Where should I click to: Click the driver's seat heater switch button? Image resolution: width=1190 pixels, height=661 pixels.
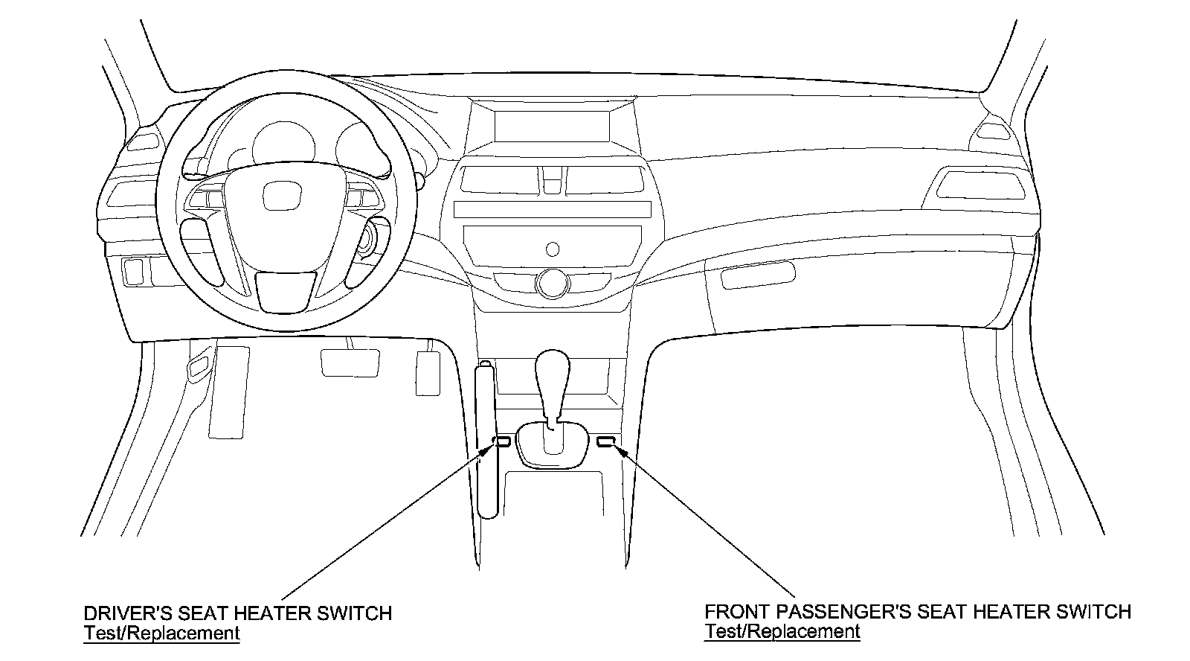click(x=503, y=441)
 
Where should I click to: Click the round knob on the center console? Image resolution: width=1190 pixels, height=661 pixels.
click(x=551, y=284)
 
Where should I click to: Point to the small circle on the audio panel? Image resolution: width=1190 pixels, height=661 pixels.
click(x=552, y=248)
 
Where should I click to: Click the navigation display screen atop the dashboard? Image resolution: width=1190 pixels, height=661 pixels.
click(x=551, y=127)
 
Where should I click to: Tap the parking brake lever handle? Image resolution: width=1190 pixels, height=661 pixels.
click(x=486, y=439)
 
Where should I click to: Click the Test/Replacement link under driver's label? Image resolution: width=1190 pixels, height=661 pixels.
click(x=161, y=633)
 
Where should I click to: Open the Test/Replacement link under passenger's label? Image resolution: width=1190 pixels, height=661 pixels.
click(x=782, y=632)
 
